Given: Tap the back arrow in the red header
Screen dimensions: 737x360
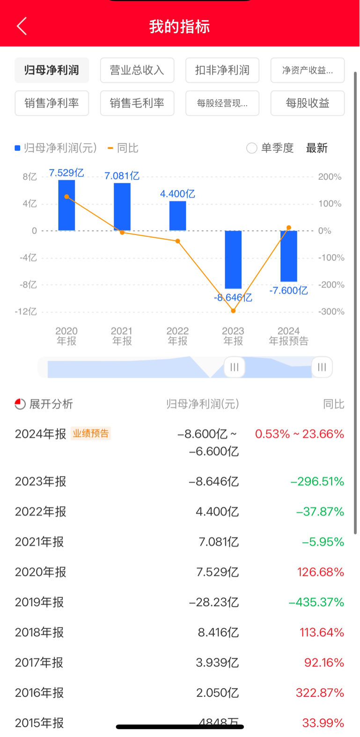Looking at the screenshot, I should [22, 26].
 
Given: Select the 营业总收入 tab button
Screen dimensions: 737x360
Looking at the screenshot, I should [137, 70].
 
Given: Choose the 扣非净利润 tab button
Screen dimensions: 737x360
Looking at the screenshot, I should [222, 70].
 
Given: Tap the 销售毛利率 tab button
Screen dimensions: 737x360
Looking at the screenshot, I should [137, 103].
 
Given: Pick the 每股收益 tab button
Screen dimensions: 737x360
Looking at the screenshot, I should [308, 103].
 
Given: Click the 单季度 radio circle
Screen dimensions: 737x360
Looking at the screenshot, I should [252, 148].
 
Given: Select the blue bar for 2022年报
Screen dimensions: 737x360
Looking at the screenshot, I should [177, 216].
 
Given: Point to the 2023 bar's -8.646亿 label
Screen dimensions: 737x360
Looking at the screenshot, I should [233, 297].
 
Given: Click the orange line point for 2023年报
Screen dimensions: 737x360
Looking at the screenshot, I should [233, 310].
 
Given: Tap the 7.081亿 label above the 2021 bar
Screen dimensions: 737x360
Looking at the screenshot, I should [122, 176].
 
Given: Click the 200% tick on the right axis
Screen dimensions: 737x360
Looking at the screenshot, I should [330, 177].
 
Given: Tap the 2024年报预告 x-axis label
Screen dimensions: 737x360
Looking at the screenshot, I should [288, 336].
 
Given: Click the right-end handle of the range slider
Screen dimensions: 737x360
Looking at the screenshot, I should [322, 367].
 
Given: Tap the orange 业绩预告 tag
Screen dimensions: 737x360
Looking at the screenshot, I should [90, 434].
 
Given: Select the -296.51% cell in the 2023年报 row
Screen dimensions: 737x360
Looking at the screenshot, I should [317, 481].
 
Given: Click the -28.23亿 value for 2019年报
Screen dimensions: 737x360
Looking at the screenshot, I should [214, 602].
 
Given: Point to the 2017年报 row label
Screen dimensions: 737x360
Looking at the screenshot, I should [39, 663].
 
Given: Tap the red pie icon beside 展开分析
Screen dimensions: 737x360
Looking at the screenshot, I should [20, 404].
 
